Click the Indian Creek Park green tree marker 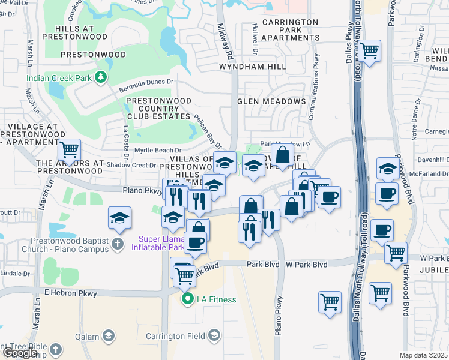pos(102,77)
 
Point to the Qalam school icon pos(109,335)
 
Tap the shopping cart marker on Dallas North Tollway pos(369,50)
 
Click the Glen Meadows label pos(271,101)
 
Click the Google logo pos(20,353)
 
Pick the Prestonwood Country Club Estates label pos(158,109)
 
